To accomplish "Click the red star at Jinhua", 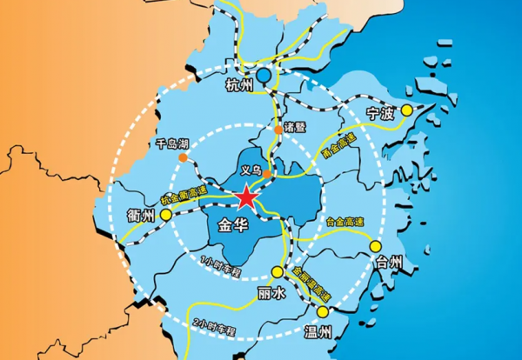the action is click(246, 198).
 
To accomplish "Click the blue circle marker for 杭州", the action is click(263, 77).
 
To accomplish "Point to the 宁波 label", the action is click(381, 113).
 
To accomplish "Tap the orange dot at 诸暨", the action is click(278, 130).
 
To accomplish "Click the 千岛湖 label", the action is click(171, 143).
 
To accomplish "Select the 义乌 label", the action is click(251, 170).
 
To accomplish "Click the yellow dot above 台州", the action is click(377, 246).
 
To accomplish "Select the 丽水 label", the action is click(271, 293).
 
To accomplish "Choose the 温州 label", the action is click(318, 331).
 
